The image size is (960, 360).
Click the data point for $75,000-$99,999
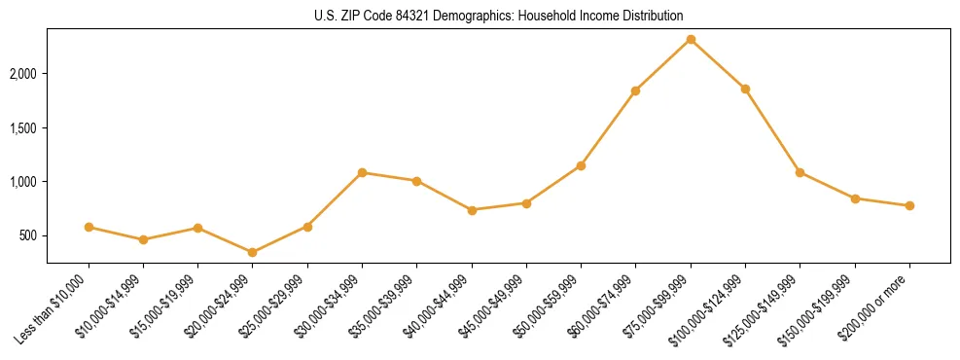691,39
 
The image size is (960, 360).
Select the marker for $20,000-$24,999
253,252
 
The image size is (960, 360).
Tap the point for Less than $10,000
89,227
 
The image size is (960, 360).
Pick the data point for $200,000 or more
909,205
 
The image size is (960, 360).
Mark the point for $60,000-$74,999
635,90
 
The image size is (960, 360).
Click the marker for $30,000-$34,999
362,172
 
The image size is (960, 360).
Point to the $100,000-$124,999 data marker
745,89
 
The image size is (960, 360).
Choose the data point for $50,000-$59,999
581,165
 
